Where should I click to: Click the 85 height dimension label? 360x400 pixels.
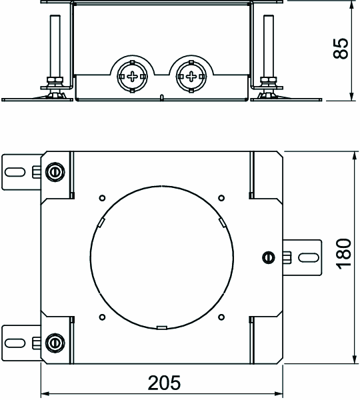tap(341, 49)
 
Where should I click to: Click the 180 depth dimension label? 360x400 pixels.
tap(344, 254)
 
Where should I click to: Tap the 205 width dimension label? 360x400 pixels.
tap(164, 383)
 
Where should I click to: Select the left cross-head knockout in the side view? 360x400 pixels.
tap(132, 76)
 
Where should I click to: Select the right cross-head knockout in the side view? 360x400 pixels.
tap(191, 76)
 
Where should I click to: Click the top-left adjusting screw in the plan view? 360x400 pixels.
tap(55, 172)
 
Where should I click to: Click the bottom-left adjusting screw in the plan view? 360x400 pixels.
tap(55, 343)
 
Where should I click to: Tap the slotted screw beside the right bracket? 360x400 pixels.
tap(269, 257)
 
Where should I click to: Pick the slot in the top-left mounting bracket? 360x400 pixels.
tap(15, 172)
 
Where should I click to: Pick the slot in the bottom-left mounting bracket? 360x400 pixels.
tap(15, 343)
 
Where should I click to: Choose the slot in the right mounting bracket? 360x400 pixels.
tap(309, 257)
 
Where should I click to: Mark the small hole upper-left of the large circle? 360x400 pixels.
tap(102, 198)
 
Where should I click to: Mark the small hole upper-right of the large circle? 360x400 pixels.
tap(221, 198)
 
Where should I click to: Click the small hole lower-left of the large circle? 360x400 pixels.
tap(102, 317)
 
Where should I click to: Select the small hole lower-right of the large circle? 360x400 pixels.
tap(221, 317)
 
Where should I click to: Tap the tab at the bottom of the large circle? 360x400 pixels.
tap(162, 327)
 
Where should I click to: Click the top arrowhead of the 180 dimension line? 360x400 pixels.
tap(354, 155)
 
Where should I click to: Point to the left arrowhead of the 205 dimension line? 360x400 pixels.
tap(45, 393)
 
